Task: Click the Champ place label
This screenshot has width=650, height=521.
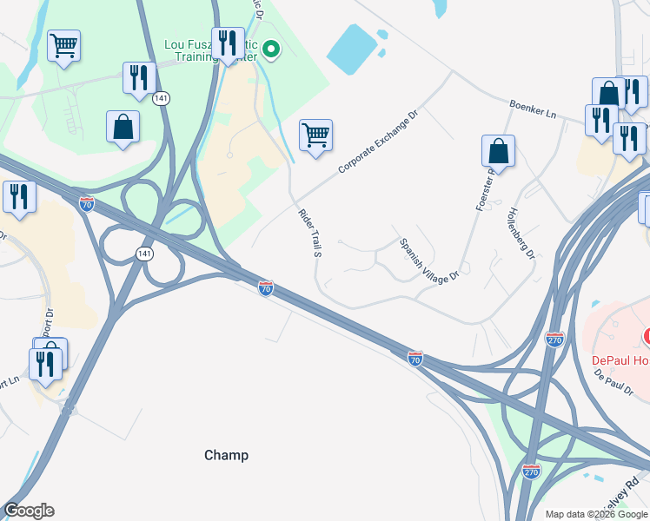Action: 226,455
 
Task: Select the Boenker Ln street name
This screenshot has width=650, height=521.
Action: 532,109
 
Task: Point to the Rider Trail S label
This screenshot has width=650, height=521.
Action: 309,234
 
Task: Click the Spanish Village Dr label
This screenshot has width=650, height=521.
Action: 428,259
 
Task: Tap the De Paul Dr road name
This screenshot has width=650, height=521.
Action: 614,383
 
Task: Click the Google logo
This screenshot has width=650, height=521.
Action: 29,511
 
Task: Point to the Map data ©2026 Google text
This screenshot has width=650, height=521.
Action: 595,514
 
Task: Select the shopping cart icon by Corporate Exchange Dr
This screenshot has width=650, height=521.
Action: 315,135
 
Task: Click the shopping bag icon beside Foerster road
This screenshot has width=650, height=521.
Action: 499,151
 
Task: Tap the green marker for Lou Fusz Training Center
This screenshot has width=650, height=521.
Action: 272,49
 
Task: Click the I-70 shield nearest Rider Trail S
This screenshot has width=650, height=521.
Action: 266,287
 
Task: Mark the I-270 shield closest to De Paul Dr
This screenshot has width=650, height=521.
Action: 554,340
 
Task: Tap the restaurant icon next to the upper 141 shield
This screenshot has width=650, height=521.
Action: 139,78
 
